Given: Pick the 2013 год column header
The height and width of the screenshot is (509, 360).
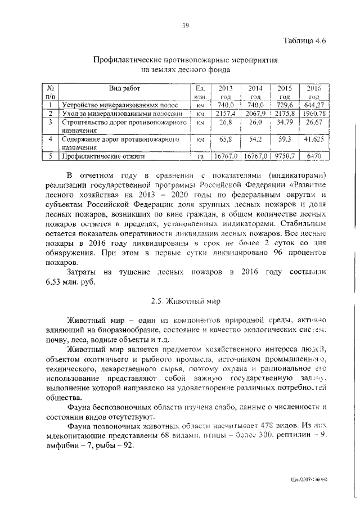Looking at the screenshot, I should (x=226, y=92).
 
